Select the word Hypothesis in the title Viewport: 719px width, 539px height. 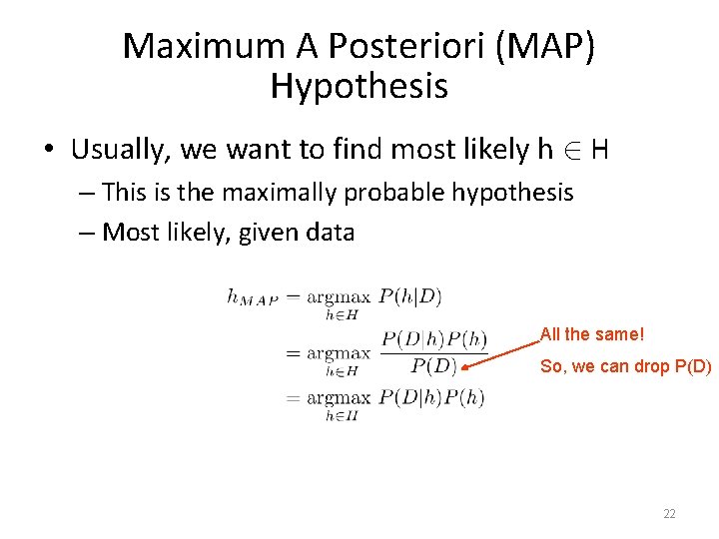click(x=359, y=87)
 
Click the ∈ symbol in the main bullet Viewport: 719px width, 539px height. click(x=573, y=151)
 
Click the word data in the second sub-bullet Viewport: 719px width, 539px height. click(x=330, y=233)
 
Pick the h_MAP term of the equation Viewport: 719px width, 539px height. click(x=253, y=296)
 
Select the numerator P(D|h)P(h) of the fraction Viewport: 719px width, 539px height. click(x=432, y=339)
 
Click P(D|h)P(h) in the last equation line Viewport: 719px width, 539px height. click(x=431, y=397)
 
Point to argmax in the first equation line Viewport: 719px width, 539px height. click(x=339, y=296)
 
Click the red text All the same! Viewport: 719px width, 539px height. click(x=584, y=334)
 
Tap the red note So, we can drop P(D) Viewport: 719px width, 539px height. click(x=626, y=365)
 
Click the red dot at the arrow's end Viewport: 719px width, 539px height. click(x=465, y=367)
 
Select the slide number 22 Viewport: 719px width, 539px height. click(x=669, y=513)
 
